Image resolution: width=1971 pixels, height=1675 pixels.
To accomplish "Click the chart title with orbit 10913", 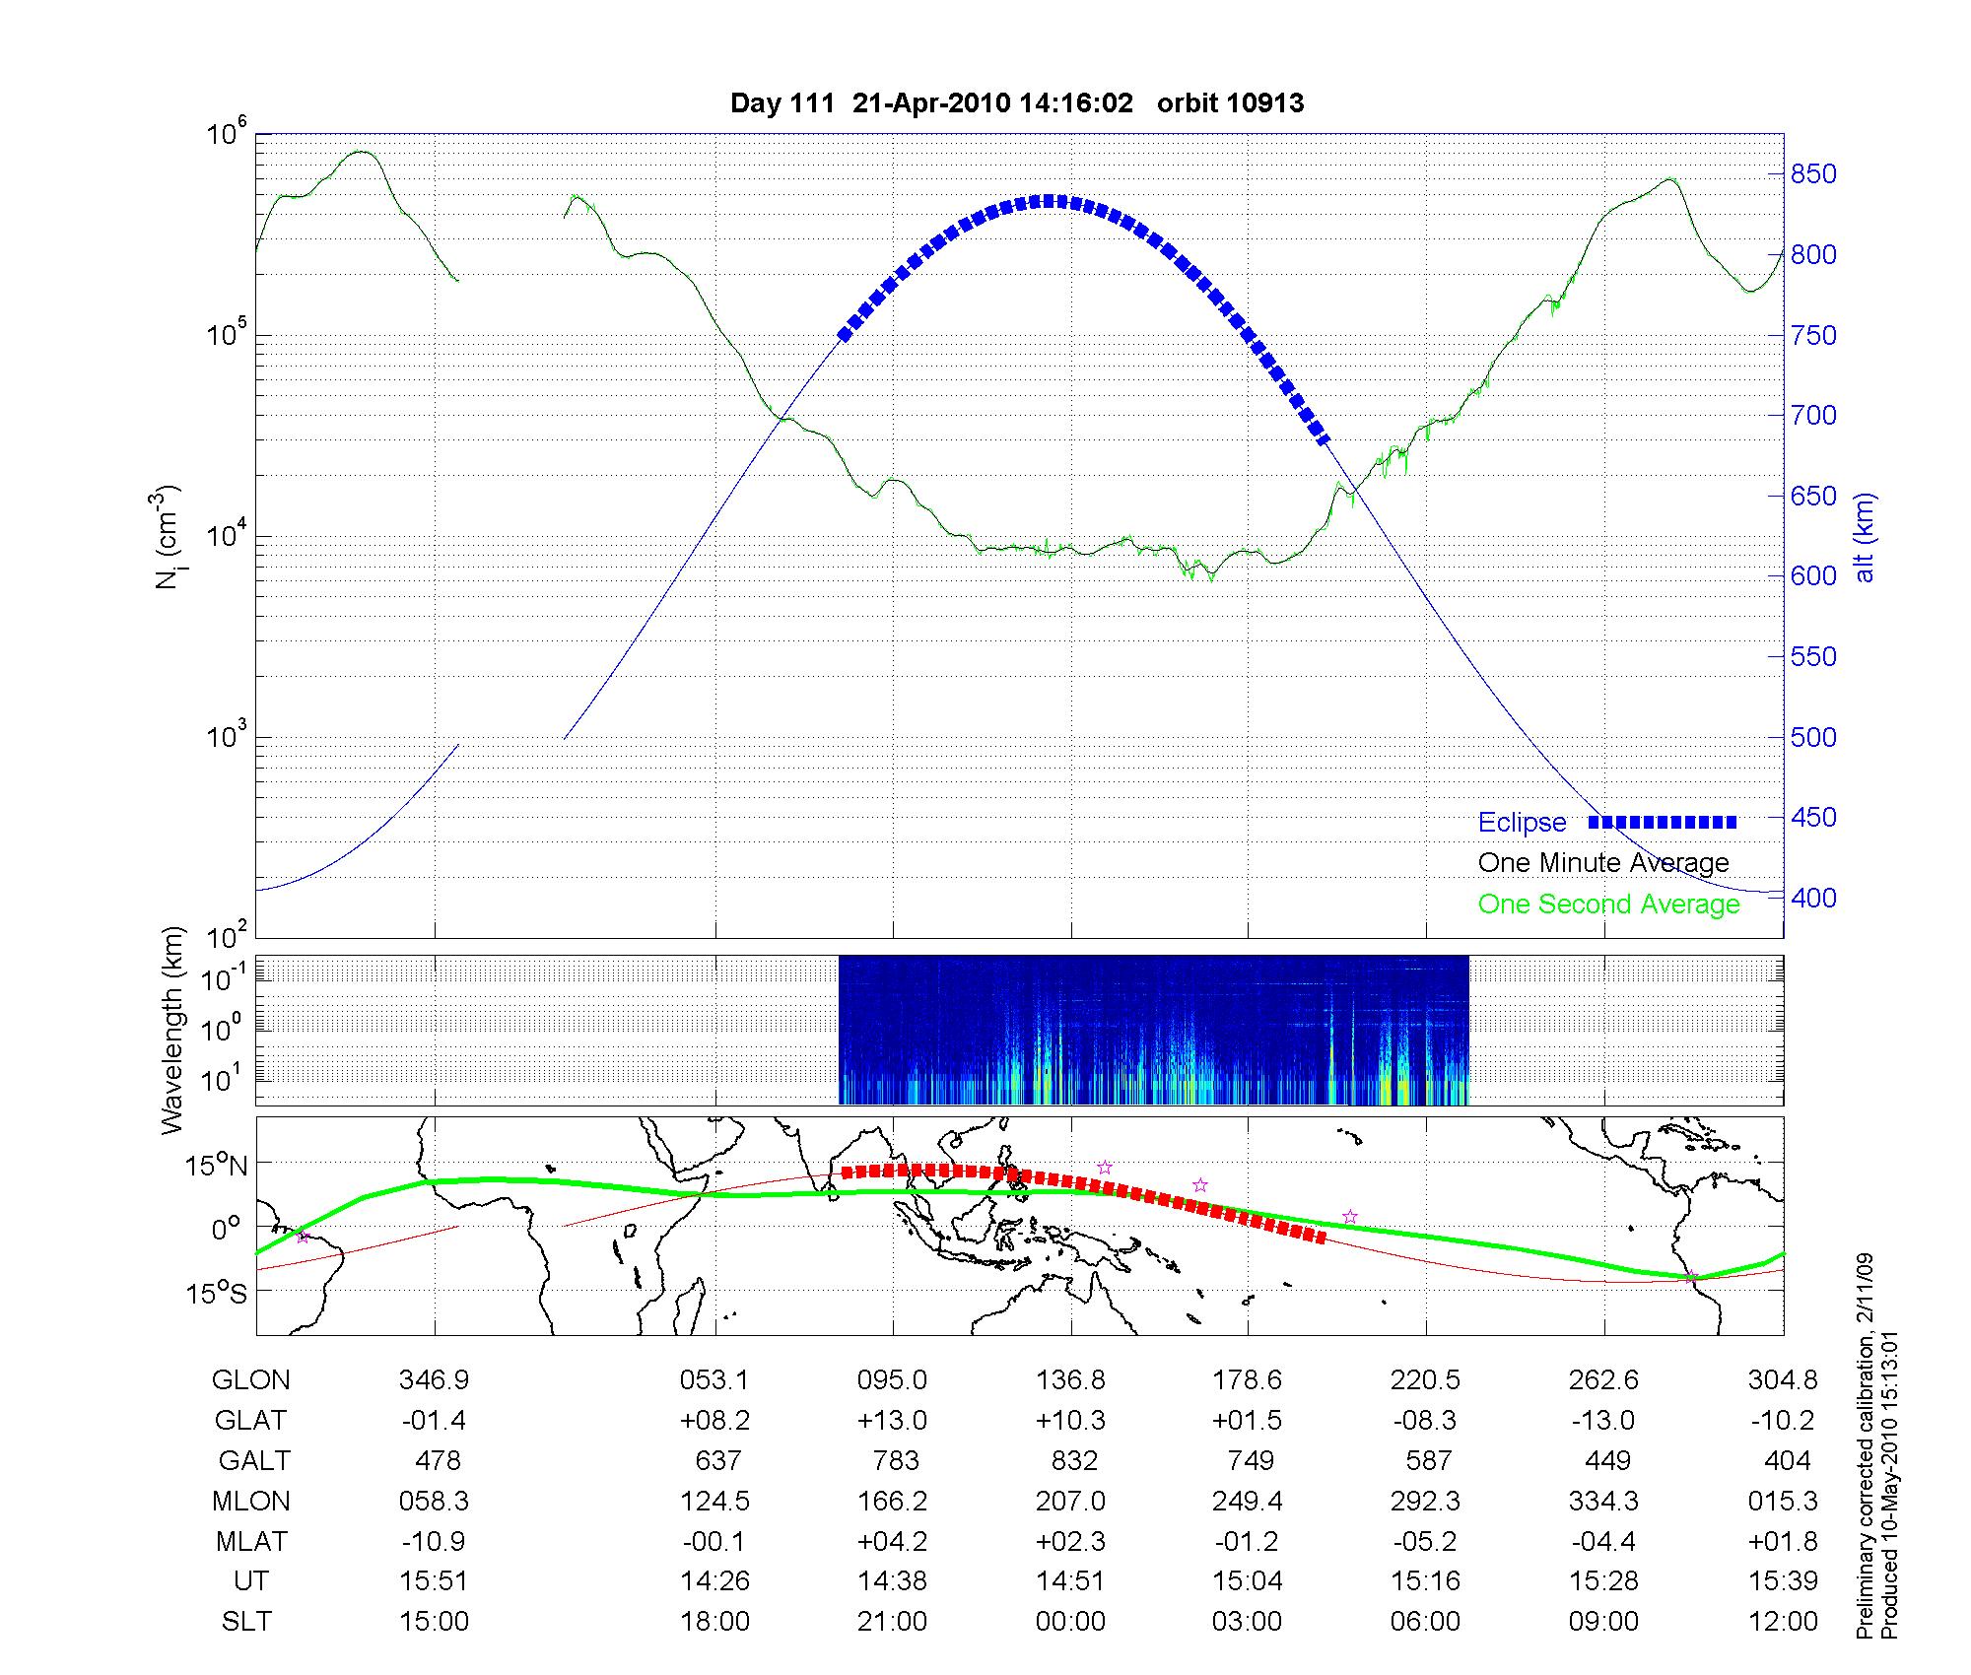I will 1016,103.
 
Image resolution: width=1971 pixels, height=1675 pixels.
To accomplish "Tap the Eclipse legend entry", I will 1522,823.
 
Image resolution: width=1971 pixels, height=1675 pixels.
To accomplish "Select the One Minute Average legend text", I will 1603,863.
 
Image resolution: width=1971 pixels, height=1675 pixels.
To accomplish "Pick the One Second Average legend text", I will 1608,904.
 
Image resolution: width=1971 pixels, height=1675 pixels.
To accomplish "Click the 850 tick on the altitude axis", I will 1813,174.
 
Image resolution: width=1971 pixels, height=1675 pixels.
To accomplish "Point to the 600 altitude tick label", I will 1813,576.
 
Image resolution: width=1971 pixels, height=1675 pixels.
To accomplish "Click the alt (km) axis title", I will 1865,537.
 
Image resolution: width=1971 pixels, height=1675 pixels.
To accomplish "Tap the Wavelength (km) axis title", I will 173,1030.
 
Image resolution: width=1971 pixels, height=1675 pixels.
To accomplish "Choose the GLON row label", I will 250,1380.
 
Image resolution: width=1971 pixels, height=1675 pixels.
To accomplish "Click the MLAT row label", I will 250,1541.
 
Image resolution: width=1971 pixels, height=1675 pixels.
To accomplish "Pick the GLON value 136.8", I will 1070,1380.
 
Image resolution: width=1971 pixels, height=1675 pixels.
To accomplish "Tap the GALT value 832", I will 1074,1460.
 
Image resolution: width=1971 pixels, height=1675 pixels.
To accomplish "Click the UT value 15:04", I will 1248,1581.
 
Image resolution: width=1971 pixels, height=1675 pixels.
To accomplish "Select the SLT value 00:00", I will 1070,1622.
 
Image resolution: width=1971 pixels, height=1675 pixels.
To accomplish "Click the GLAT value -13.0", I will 1603,1421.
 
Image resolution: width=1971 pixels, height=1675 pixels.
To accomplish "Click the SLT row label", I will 246,1622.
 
